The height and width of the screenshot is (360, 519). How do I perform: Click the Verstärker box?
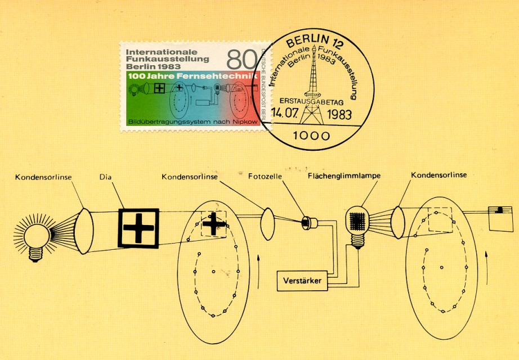(302, 281)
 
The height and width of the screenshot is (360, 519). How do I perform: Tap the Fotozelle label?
(265, 177)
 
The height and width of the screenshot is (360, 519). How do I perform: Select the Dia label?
(105, 177)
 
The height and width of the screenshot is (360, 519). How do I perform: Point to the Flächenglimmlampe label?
(344, 175)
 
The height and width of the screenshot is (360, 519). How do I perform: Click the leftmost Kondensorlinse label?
(43, 177)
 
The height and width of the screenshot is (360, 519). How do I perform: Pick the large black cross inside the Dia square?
(138, 228)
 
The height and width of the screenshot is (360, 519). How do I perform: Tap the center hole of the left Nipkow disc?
(213, 272)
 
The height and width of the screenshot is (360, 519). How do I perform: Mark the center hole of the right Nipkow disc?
(441, 267)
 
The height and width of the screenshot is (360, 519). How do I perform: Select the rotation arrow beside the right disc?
(486, 267)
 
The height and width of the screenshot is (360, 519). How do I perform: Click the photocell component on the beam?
(309, 223)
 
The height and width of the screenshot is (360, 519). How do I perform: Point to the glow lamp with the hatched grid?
(357, 226)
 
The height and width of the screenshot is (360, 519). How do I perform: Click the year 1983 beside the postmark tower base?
(339, 115)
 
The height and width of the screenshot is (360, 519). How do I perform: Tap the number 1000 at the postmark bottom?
(311, 136)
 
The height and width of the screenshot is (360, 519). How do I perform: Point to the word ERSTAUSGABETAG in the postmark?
(311, 102)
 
